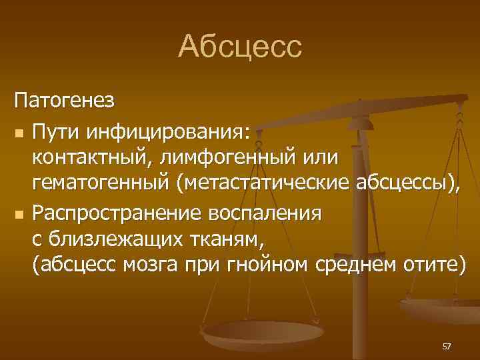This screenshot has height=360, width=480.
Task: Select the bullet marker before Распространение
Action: pos(19,215)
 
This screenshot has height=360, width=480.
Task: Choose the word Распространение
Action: pos(120,214)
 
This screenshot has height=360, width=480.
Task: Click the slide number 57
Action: pos(446,346)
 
